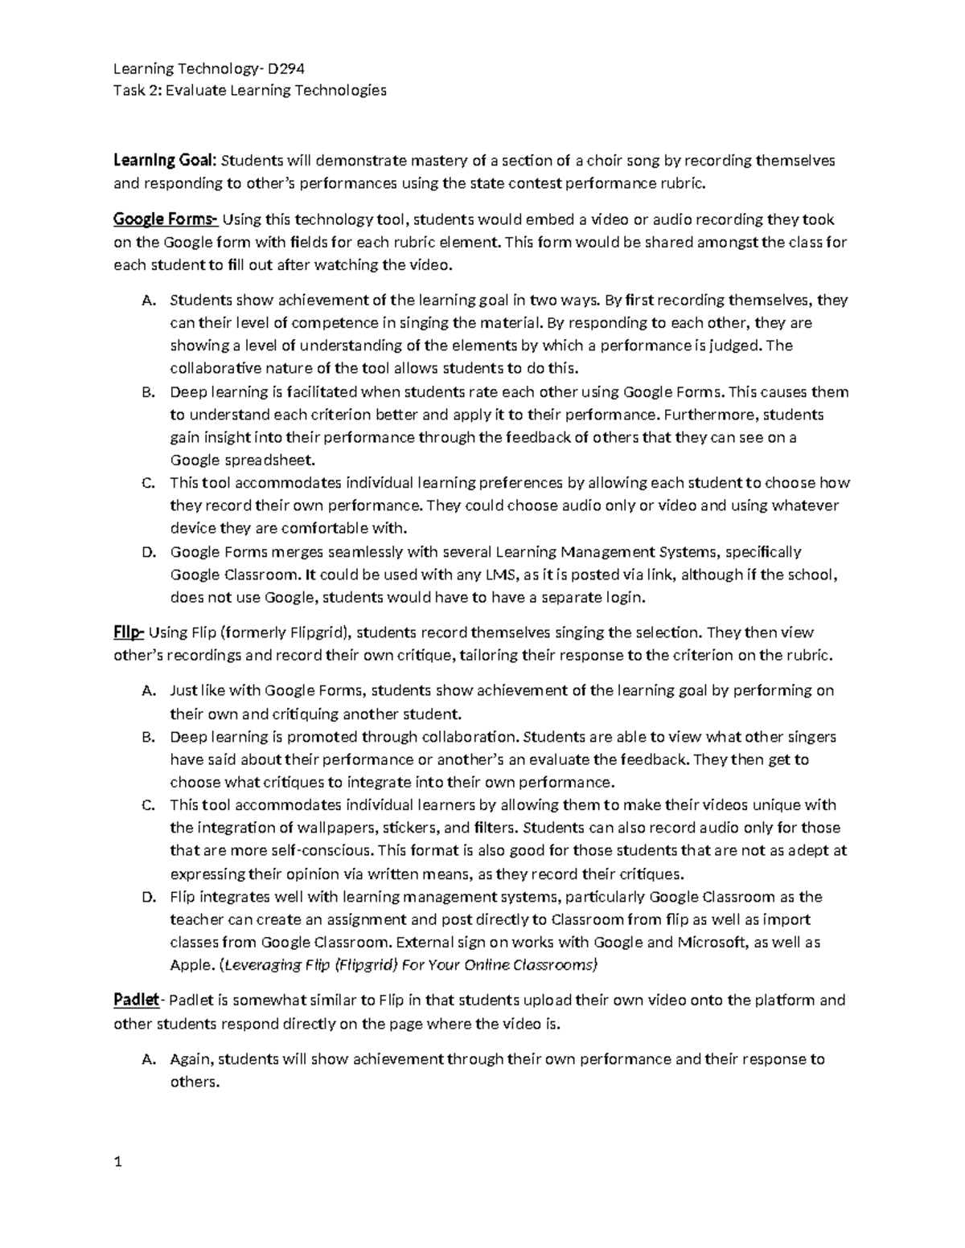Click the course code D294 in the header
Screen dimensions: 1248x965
pyautogui.click(x=286, y=68)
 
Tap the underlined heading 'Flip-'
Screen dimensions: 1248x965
pyautogui.click(x=129, y=632)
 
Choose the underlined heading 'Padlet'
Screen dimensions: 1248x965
pyautogui.click(x=137, y=1000)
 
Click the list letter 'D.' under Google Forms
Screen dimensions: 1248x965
pyautogui.click(x=147, y=552)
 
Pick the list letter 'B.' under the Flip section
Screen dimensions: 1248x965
pyautogui.click(x=147, y=737)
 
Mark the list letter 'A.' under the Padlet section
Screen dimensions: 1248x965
pyautogui.click(x=147, y=1059)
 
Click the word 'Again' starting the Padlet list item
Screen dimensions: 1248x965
pyautogui.click(x=191, y=1059)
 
